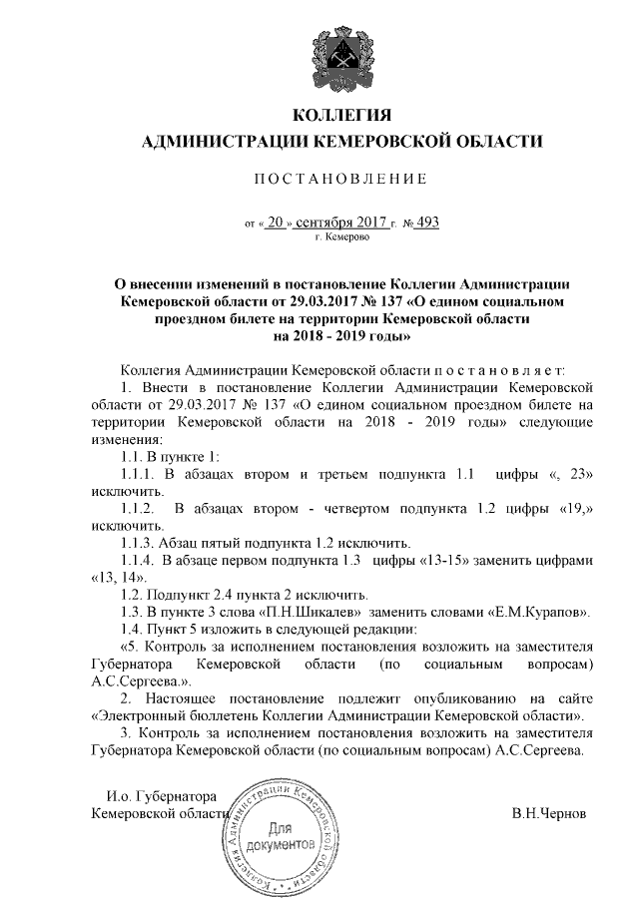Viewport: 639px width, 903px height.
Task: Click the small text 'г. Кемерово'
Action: click(x=342, y=239)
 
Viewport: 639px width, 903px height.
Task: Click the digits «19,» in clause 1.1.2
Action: click(x=574, y=508)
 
